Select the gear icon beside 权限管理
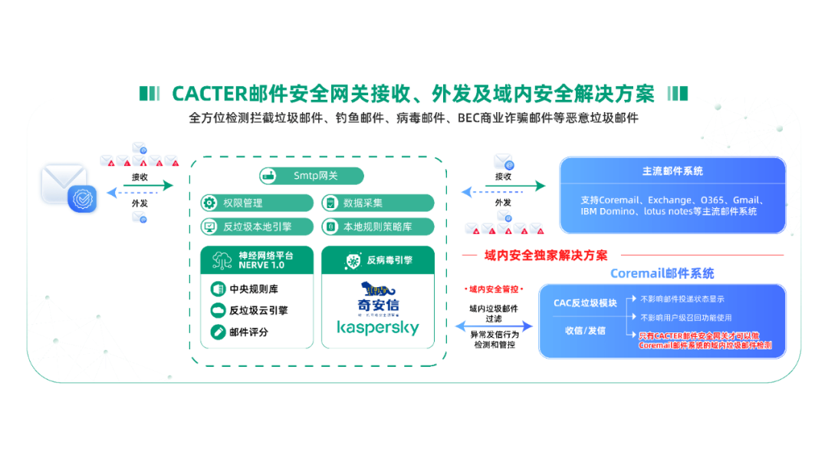tap(209, 203)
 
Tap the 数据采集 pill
tap(377, 203)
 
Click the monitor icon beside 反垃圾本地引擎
tap(209, 226)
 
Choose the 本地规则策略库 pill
tap(377, 226)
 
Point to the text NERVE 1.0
tap(261, 265)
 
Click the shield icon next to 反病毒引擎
tap(353, 260)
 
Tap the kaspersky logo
tap(378, 328)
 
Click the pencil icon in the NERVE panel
tap(218, 332)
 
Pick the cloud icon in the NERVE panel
tap(218, 310)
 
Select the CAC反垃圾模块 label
tap(585, 302)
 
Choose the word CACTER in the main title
tap(209, 94)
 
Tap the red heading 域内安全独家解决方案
tap(546, 255)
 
